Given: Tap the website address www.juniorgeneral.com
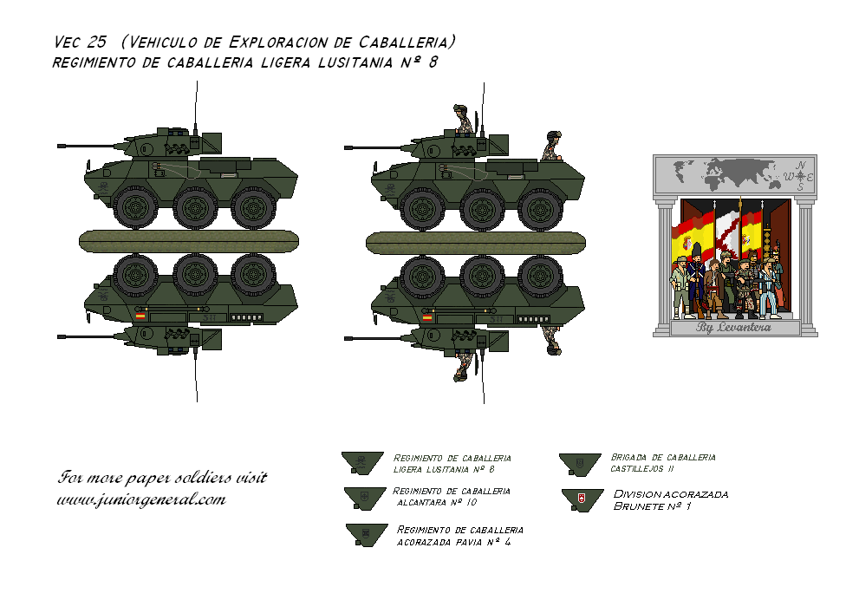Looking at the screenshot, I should click(x=140, y=499).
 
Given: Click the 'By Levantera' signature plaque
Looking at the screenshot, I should click(x=734, y=328).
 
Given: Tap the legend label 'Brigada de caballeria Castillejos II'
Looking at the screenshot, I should click(x=663, y=462).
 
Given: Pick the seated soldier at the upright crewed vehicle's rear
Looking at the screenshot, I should click(x=552, y=147).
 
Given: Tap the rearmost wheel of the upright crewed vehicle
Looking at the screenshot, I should click(x=539, y=207).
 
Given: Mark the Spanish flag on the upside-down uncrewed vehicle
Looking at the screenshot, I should click(x=140, y=317).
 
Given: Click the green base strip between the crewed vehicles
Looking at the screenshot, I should click(x=475, y=242).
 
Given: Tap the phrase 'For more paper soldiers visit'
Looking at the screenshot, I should click(x=162, y=478).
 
